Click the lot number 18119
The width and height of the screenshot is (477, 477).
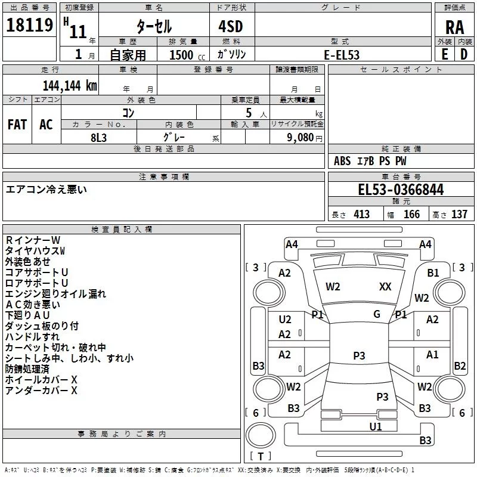[x=29, y=25]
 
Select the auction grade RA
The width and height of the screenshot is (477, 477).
[x=454, y=27]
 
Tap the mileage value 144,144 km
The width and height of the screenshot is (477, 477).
[x=70, y=86]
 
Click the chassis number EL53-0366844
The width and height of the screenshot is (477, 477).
[x=401, y=190]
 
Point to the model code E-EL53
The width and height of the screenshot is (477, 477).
[x=342, y=55]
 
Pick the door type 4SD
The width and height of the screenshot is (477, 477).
[x=231, y=26]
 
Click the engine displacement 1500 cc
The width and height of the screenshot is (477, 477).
[x=187, y=55]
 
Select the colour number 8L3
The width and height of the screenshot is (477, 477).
[x=98, y=138]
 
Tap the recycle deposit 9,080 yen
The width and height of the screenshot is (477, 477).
[x=304, y=138]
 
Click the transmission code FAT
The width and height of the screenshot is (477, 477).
[x=17, y=125]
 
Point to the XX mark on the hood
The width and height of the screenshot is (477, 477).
[x=385, y=286]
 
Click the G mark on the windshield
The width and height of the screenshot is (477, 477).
[x=377, y=314]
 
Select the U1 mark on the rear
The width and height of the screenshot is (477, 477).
[x=376, y=426]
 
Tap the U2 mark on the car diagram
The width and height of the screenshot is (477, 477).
[x=285, y=319]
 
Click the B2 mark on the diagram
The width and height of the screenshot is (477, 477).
[x=460, y=366]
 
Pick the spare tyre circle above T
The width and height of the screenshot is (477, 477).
[x=261, y=435]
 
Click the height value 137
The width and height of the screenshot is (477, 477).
[x=459, y=214]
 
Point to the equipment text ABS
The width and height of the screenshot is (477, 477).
[x=342, y=160]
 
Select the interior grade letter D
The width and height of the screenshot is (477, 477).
[x=464, y=54]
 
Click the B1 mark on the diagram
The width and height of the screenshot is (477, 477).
[x=433, y=272]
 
